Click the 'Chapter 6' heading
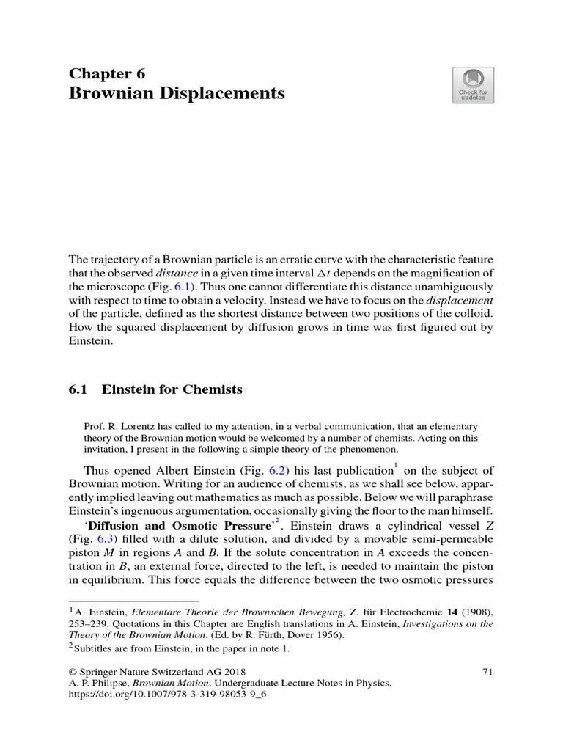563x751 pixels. click(x=107, y=73)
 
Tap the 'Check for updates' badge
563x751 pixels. click(x=473, y=85)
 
